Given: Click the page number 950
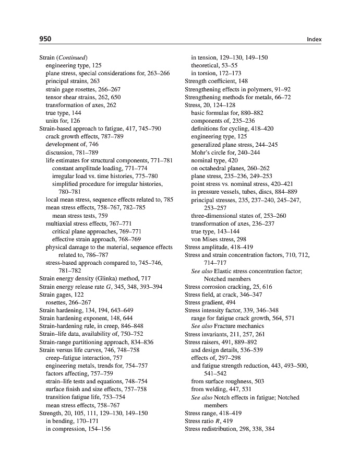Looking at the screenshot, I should click(45, 39).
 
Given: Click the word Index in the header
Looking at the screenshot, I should click(314, 39).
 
